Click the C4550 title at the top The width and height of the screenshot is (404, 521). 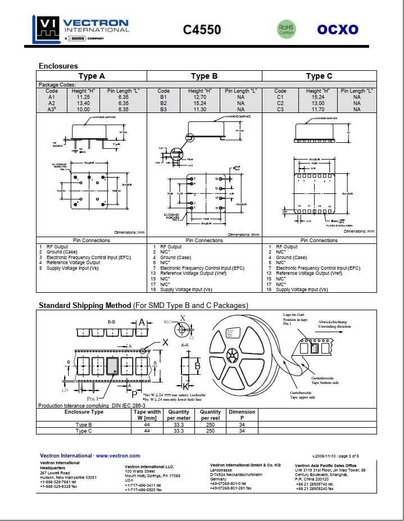pyautogui.click(x=202, y=30)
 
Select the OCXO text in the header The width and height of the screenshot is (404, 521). pyautogui.click(x=338, y=30)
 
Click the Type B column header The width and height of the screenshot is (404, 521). pyautogui.click(x=204, y=76)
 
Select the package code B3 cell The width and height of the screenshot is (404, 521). pyautogui.click(x=164, y=109)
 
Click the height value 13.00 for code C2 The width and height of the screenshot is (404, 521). pyautogui.click(x=317, y=103)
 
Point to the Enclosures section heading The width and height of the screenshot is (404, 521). pyautogui.click(x=58, y=66)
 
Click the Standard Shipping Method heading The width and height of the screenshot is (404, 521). pyautogui.click(x=84, y=305)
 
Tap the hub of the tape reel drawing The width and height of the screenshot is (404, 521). pyautogui.click(x=233, y=356)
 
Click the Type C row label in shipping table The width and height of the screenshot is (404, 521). pyautogui.click(x=84, y=431)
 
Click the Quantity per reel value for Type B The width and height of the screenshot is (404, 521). pyautogui.click(x=211, y=425)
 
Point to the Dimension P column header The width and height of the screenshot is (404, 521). pyautogui.click(x=242, y=415)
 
